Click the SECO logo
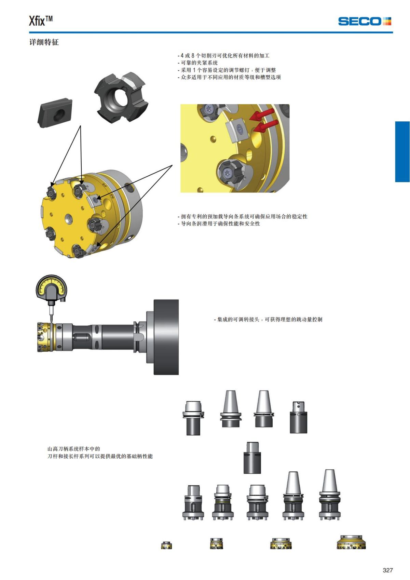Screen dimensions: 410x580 click(x=365, y=21)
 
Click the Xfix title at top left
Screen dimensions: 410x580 click(x=41, y=21)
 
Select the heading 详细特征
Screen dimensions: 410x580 click(x=44, y=42)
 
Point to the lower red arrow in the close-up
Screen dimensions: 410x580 click(x=265, y=126)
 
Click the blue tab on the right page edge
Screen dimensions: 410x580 click(x=402, y=152)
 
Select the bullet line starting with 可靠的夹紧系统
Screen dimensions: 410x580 click(x=198, y=63)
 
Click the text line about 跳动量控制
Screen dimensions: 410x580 click(x=268, y=319)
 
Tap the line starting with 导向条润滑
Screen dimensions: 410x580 click(x=219, y=224)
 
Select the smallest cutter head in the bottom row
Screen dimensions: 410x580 click(x=166, y=545)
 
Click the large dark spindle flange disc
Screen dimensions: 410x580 click(x=166, y=337)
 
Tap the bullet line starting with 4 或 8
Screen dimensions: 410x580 click(x=224, y=55)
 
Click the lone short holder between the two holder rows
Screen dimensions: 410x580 click(x=252, y=458)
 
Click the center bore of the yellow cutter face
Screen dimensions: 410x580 click(x=69, y=218)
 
